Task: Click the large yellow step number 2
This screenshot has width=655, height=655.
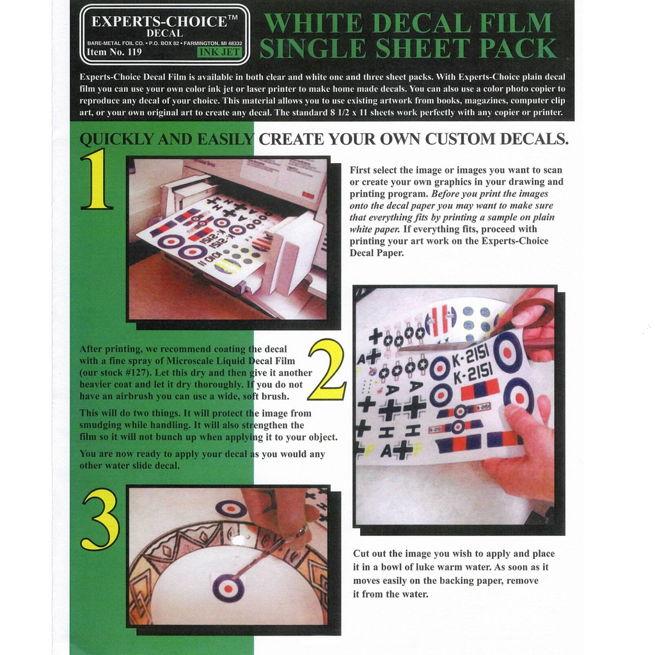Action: pos(327,370)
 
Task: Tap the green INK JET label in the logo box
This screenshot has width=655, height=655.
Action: pos(219,52)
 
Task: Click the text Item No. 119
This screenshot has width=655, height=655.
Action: pos(114,52)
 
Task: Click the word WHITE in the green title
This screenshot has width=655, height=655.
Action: pos(313,24)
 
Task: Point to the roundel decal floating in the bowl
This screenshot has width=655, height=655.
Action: pos(228,587)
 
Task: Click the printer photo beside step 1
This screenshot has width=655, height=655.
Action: pos(228,239)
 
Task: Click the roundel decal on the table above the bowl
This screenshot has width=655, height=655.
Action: pos(230,509)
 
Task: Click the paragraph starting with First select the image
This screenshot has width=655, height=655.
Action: pos(456,211)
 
